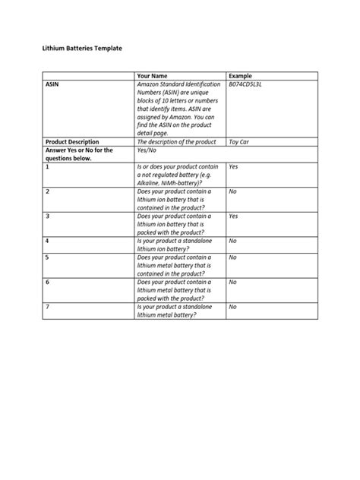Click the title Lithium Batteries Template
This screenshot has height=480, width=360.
pos(81,48)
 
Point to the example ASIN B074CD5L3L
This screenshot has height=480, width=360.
pos(251,85)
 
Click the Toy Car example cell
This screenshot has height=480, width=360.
pos(242,141)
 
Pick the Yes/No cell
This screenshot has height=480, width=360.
pos(147,150)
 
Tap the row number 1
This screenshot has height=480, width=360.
pos(47,166)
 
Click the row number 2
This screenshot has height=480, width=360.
pos(47,192)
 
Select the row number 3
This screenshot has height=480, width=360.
pos(47,216)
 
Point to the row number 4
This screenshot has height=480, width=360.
pos(47,241)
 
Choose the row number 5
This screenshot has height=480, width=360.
pos(47,257)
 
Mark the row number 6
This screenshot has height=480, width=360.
pos(47,282)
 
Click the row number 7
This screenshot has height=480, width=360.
pos(47,307)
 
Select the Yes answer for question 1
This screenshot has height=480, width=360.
pos(234,166)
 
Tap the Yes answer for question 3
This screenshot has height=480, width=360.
pos(234,216)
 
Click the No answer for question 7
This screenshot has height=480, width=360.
pos(233,307)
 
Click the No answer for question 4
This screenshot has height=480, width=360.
pos(233,241)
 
